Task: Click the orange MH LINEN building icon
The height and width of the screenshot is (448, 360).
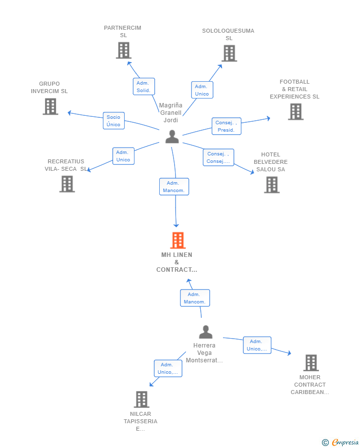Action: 178,240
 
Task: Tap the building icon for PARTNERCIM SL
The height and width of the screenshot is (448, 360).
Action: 124,50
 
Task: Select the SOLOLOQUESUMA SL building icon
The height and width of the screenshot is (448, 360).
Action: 229,53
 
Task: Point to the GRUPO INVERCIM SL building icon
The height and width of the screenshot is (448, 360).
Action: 50,106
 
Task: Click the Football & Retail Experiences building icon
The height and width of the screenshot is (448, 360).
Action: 296,111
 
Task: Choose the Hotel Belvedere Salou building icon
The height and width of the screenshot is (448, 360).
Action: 272,185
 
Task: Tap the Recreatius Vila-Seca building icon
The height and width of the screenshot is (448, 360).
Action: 67,184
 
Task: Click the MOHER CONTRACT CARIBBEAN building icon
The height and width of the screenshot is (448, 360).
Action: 311,363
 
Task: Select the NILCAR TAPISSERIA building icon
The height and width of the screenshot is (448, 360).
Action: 141,399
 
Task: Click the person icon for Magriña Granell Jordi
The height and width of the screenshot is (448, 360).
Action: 172,137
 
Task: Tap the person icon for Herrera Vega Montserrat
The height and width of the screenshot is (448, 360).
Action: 206,332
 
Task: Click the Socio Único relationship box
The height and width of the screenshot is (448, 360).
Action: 114,121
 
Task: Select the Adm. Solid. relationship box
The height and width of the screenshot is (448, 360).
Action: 144,87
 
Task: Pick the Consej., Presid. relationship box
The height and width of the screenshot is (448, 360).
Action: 226,126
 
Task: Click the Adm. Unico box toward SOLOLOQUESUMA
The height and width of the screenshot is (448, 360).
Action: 202,90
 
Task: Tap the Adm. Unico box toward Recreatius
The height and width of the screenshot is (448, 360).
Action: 123,156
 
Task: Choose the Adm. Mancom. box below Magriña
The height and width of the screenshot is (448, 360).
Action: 174,187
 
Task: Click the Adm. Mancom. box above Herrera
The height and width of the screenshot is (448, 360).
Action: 195,298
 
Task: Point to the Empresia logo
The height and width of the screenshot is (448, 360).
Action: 340,442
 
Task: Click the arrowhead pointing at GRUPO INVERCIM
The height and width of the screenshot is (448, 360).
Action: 69,113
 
